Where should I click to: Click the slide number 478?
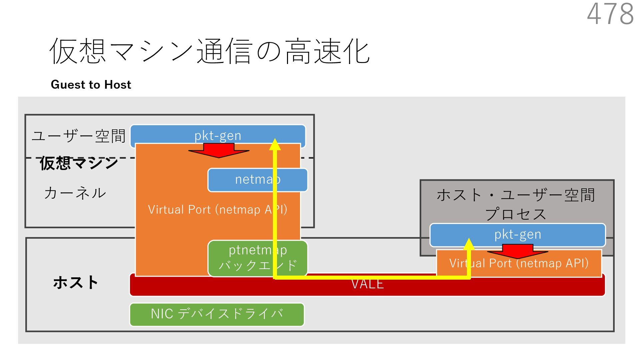(x=610, y=14)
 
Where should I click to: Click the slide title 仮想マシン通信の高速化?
(x=209, y=51)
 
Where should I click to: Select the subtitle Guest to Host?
(x=91, y=85)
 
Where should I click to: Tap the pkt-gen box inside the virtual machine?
(x=218, y=135)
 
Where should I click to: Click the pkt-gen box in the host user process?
(x=517, y=234)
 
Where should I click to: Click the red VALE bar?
(x=367, y=287)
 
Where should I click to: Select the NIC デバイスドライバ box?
(x=217, y=314)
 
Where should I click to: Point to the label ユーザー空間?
(x=79, y=136)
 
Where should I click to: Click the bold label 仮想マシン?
(x=79, y=163)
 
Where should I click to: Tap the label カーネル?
(x=75, y=193)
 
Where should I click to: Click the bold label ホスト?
(x=75, y=282)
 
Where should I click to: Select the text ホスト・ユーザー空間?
(x=516, y=195)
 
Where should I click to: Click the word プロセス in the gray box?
(x=516, y=214)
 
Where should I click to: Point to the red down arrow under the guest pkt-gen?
(x=219, y=151)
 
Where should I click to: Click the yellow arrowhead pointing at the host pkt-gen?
(x=469, y=244)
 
